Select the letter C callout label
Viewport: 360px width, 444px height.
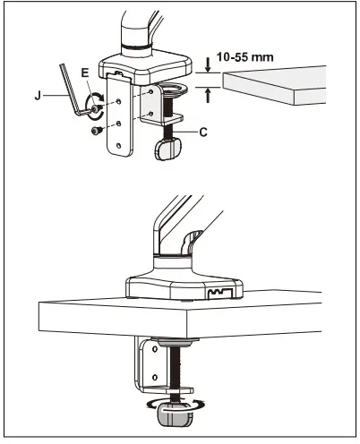coord(203,132)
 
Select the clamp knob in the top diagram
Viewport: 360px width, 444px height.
coord(165,151)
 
